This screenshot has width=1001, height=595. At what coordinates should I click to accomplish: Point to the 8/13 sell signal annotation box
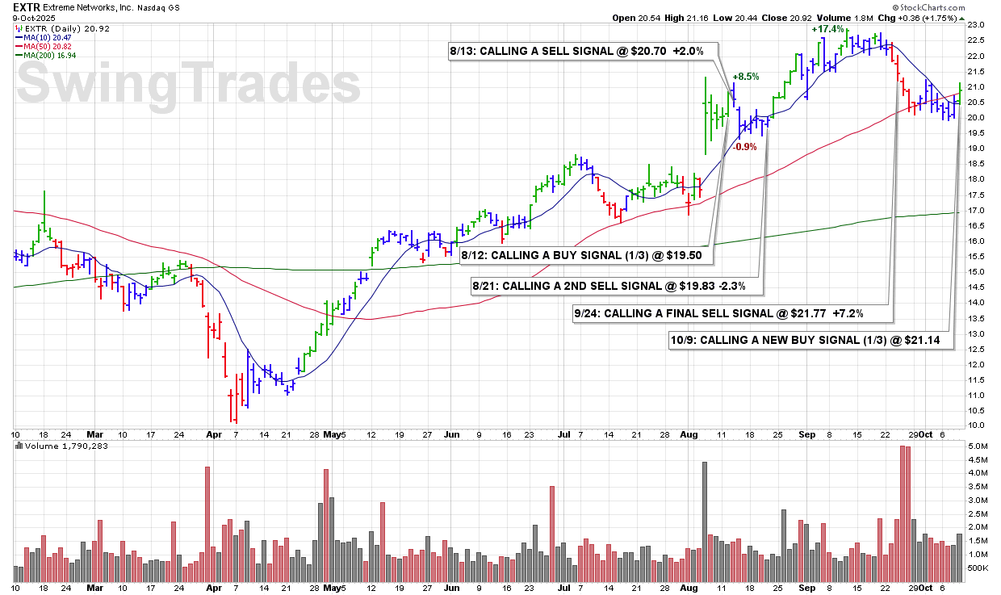577,51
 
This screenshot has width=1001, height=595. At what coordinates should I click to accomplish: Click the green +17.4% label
828,29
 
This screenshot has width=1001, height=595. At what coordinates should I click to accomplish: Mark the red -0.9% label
744,146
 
